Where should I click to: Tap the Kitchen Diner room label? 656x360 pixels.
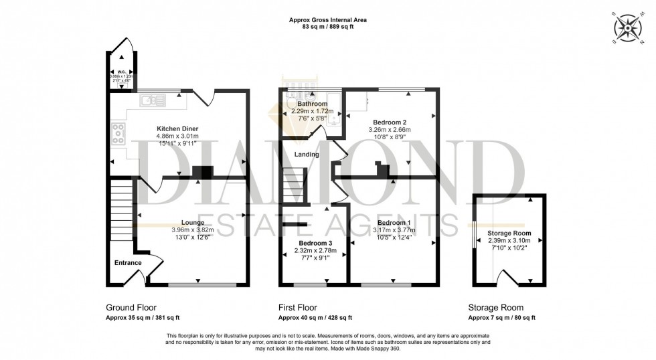[x=177, y=128]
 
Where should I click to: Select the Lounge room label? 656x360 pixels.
[x=193, y=222]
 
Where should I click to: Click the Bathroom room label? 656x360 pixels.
[x=312, y=104]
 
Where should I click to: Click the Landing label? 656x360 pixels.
[x=306, y=155]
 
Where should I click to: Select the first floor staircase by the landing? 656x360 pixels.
[x=293, y=185]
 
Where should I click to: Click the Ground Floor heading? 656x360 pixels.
[x=131, y=307]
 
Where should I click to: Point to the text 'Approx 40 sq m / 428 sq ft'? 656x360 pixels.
[x=315, y=319]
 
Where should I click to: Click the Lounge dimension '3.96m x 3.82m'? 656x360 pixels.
[x=193, y=230]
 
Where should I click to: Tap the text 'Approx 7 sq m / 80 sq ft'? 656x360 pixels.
[x=501, y=319]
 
